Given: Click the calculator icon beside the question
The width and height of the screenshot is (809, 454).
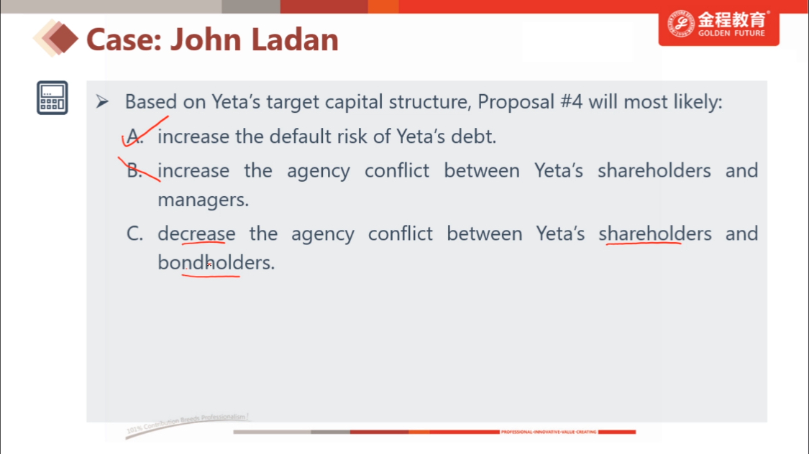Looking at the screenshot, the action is coord(52,98).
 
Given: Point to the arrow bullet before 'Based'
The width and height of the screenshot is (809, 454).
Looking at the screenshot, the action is coord(102,101).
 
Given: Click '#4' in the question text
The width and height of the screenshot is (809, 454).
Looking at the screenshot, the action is coord(571,101).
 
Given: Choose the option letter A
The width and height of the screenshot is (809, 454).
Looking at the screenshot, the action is coord(134,136).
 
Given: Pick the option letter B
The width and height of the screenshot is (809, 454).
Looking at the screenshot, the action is coord(134,170).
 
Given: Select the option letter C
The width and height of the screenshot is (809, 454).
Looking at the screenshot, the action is coord(134,234).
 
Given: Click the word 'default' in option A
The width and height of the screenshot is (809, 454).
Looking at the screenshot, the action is coord(301,136).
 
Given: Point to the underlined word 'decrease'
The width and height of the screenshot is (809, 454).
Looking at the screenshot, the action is coord(196,234).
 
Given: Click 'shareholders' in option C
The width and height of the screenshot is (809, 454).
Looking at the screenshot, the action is coord(654,234).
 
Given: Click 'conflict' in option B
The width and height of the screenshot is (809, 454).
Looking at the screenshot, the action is coord(397,170).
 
